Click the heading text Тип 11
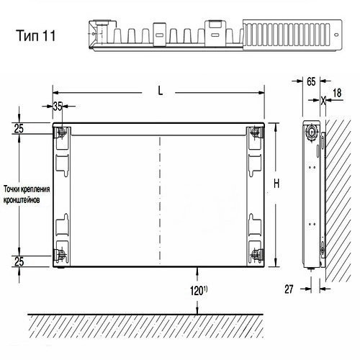(x=36, y=35)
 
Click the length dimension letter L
(x=161, y=91)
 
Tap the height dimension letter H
(x=276, y=184)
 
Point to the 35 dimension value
(x=58, y=107)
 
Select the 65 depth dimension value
(x=311, y=82)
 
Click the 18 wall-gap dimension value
(x=337, y=93)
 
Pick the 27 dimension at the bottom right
(x=289, y=289)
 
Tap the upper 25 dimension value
(x=19, y=129)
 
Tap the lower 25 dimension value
(x=19, y=261)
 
